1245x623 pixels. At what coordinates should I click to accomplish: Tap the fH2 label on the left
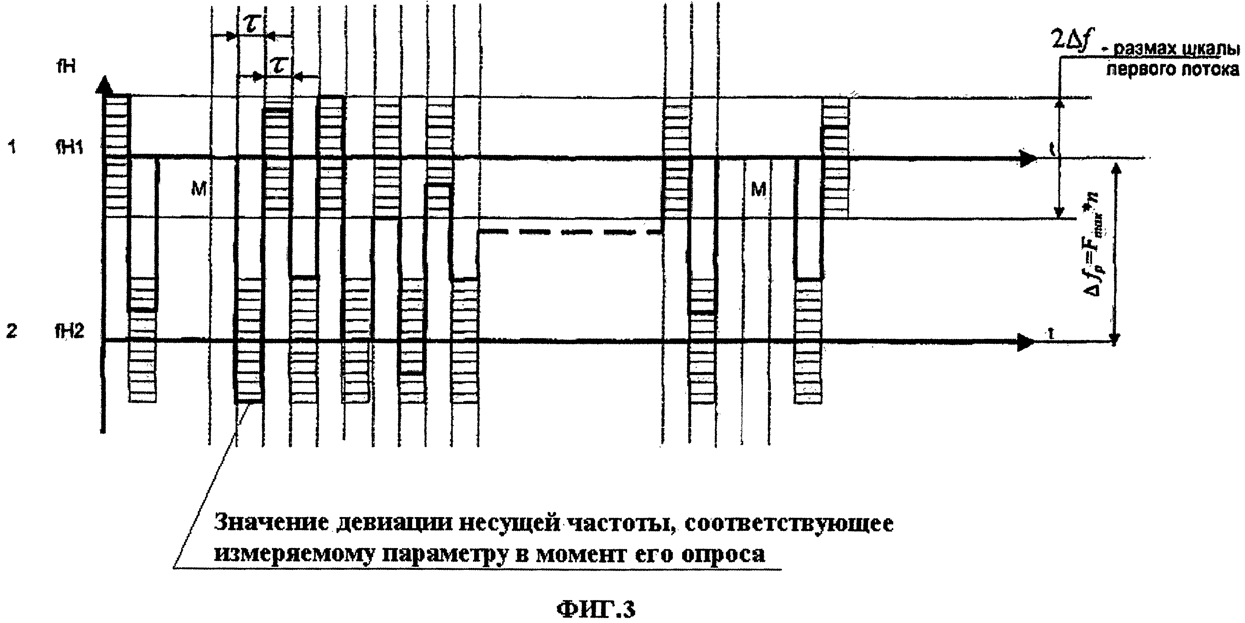70,331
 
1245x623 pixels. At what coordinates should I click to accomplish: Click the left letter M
198,190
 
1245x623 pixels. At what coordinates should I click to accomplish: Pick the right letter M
758,190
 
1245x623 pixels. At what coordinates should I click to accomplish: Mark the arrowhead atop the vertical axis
104,86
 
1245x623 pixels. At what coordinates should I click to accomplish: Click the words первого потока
1172,70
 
